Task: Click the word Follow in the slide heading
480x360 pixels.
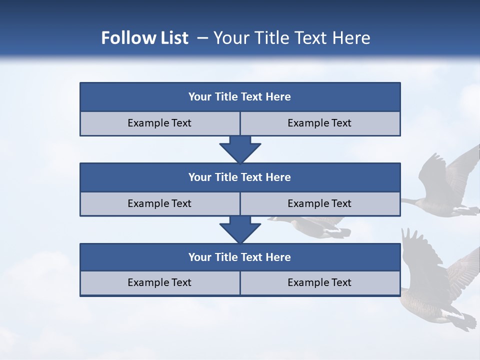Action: coord(124,38)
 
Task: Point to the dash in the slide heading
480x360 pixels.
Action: coord(203,38)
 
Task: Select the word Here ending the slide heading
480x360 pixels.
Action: coord(352,38)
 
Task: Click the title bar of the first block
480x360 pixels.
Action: coord(240,97)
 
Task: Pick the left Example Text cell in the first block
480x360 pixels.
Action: coord(159,123)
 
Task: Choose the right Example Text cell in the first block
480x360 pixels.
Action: coord(319,123)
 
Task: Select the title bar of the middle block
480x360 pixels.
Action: coord(240,177)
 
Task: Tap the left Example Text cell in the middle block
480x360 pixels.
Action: coord(159,203)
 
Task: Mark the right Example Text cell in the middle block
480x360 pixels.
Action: coord(319,203)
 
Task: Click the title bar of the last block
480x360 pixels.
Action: coord(240,257)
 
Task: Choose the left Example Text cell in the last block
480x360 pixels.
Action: coord(159,282)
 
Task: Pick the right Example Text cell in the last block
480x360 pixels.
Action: coord(319,282)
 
